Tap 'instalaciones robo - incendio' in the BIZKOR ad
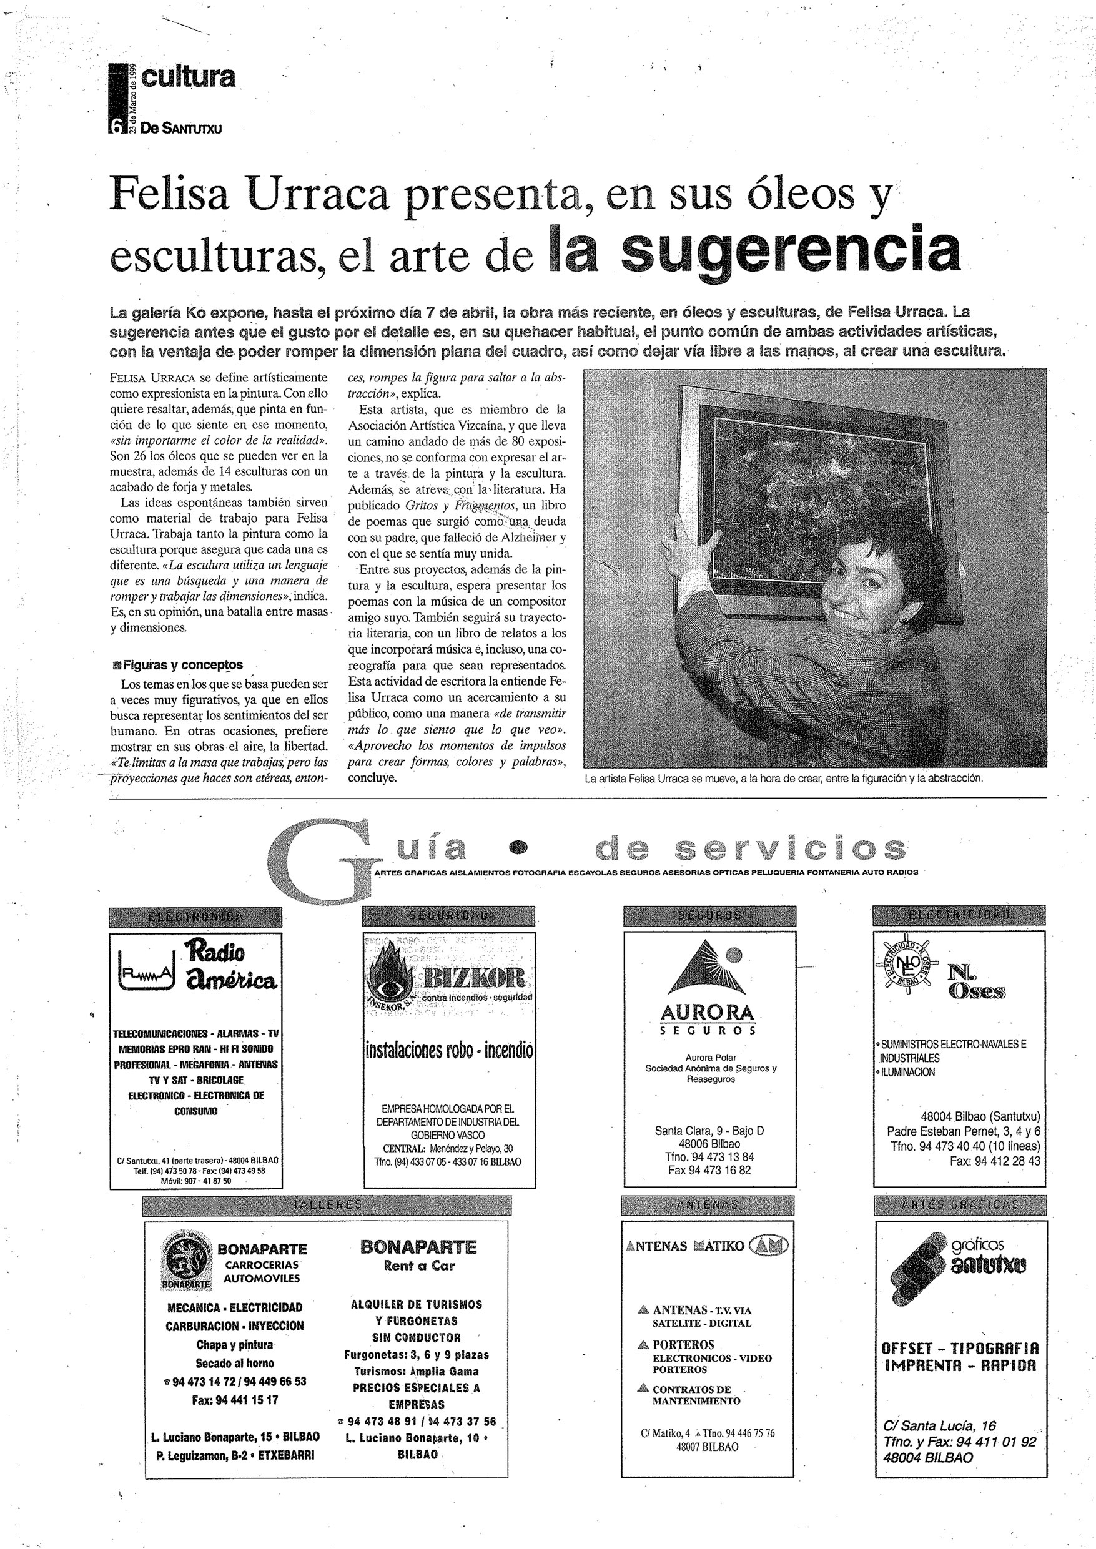pos(449,1050)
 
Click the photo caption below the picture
pos(784,778)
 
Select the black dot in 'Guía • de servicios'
pos(518,847)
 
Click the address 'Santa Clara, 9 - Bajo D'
pos(709,1131)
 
